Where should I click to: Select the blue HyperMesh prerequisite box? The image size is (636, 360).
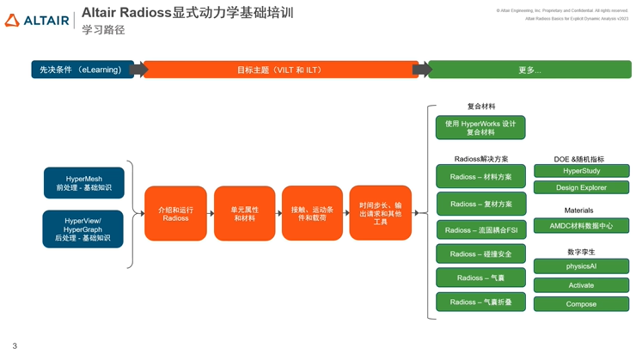tap(84, 183)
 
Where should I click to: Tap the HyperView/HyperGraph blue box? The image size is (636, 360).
tap(83, 229)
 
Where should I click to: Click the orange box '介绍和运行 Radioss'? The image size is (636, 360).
tap(175, 214)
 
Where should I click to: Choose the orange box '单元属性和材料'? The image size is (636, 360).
tap(244, 214)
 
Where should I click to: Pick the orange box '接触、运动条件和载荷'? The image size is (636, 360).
tap(312, 214)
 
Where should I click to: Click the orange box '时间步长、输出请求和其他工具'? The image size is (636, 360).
tap(380, 214)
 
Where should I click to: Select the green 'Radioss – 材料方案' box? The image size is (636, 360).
tap(480, 177)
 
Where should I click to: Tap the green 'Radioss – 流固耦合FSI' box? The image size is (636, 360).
tap(480, 230)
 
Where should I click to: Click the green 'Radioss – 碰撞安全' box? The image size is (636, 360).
tap(480, 254)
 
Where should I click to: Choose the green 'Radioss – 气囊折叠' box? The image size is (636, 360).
tap(480, 302)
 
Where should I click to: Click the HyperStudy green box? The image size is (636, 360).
tap(581, 171)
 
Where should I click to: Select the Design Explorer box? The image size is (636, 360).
tap(581, 187)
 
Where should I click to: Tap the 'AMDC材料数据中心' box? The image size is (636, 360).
tap(581, 226)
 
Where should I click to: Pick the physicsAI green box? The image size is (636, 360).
tap(581, 266)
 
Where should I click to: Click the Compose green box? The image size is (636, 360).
tap(581, 304)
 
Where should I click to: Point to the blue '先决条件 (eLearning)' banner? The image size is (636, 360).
tap(82, 70)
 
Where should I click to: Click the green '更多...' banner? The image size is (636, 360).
tap(529, 70)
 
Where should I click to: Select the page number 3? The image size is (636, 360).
tap(15, 346)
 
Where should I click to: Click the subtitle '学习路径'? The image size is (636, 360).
tap(103, 30)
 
